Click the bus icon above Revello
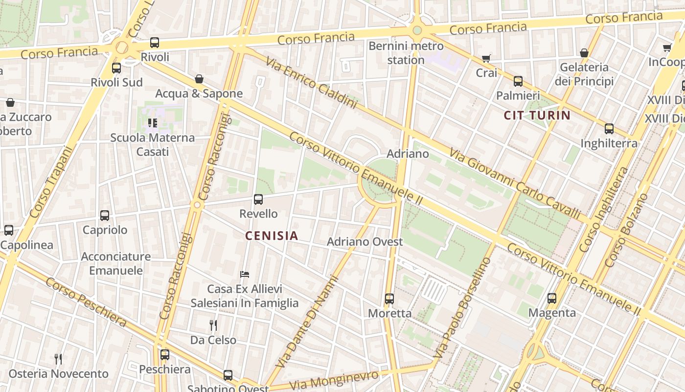(x=258, y=199)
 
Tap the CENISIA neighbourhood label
(x=272, y=236)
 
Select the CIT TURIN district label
(x=537, y=116)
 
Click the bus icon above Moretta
(x=389, y=298)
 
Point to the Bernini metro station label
(x=406, y=53)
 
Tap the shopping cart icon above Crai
(x=486, y=59)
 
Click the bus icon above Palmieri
(x=518, y=81)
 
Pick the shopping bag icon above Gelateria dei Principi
(x=584, y=53)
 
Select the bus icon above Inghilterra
(x=609, y=129)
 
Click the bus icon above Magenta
(x=552, y=298)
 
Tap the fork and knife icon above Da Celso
(x=213, y=325)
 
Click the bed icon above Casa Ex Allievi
(x=245, y=274)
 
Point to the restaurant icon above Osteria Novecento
(x=58, y=359)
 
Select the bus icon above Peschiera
(x=165, y=354)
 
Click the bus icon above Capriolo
(x=105, y=215)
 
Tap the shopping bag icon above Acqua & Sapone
(x=199, y=79)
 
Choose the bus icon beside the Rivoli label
(x=155, y=43)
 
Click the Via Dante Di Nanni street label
(x=307, y=322)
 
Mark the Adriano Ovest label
(x=365, y=242)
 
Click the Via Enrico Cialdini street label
(x=311, y=82)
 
